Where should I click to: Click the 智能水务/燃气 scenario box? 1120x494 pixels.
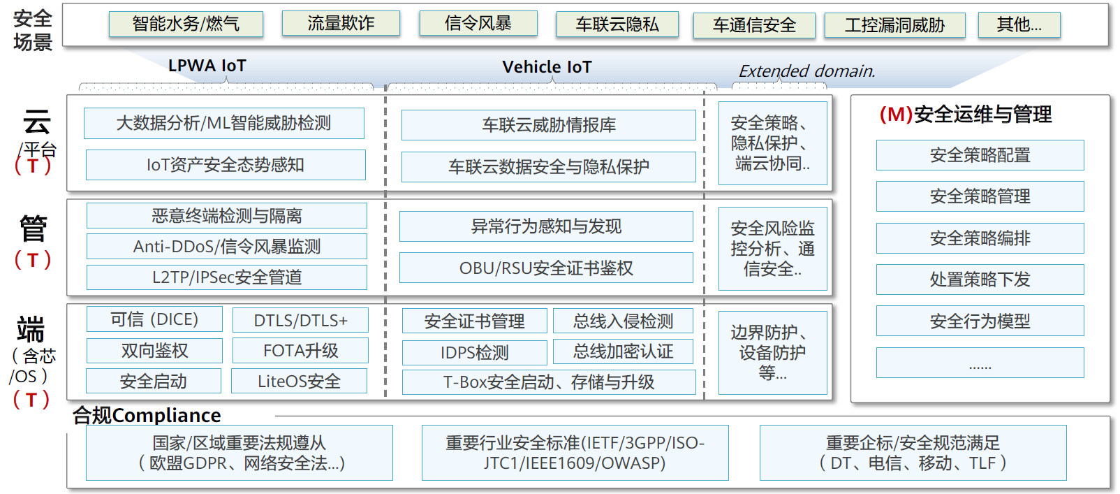click(x=186, y=24)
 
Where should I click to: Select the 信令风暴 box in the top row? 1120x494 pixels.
click(x=478, y=23)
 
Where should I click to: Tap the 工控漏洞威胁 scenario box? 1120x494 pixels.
click(x=894, y=25)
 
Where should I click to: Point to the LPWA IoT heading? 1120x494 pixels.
click(x=207, y=66)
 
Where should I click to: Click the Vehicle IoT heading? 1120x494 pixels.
click(x=547, y=67)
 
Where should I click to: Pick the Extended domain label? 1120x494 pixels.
click(x=806, y=71)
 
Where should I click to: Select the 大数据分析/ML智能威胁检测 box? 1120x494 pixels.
click(x=223, y=123)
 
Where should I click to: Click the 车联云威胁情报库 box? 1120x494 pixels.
click(x=548, y=125)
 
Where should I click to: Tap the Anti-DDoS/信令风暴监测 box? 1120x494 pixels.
click(x=226, y=246)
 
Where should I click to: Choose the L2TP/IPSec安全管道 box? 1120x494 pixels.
click(x=226, y=277)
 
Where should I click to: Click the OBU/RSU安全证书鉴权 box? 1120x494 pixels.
click(x=546, y=268)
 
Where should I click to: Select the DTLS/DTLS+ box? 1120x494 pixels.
click(x=300, y=321)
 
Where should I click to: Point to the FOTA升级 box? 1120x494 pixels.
click(x=300, y=351)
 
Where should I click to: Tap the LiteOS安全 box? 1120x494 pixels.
click(x=299, y=382)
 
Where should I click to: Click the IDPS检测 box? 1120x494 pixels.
click(x=474, y=353)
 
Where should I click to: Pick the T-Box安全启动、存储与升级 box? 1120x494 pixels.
click(x=549, y=382)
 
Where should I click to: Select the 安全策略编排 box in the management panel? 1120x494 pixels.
click(x=980, y=238)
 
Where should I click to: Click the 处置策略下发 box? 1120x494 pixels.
click(x=980, y=279)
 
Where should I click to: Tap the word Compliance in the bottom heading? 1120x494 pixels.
click(x=166, y=416)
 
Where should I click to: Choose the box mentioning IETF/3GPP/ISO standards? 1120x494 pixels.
click(x=575, y=453)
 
